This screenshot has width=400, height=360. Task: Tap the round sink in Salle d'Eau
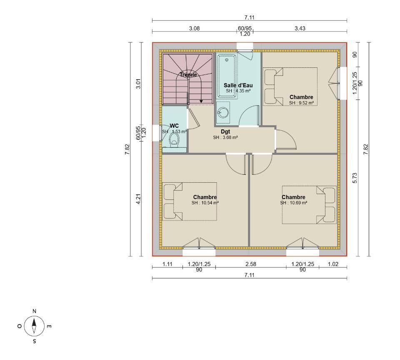(223, 112)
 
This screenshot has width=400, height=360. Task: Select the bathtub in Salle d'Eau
(227, 76)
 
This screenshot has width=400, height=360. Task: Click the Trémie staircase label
(188, 74)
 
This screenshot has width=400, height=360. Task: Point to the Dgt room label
(225, 132)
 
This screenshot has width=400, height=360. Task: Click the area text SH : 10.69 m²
(294, 203)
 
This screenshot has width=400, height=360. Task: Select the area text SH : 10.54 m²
(205, 203)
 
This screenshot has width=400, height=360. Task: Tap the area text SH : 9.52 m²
(301, 103)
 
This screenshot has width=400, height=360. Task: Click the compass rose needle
(34, 326)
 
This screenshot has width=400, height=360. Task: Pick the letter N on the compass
(35, 311)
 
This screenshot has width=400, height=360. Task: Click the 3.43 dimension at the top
(300, 28)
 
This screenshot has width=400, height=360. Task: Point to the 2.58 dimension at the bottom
(251, 264)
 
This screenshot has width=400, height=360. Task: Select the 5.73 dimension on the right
(355, 178)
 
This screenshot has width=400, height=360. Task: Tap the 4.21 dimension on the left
(138, 199)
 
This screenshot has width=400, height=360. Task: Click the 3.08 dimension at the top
(195, 28)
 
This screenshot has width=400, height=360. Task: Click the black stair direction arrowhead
(201, 102)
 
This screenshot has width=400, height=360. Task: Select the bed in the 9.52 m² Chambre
(290, 87)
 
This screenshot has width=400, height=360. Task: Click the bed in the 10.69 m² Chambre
(309, 205)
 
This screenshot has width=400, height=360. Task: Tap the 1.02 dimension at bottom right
(333, 264)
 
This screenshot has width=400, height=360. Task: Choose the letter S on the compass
(35, 341)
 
